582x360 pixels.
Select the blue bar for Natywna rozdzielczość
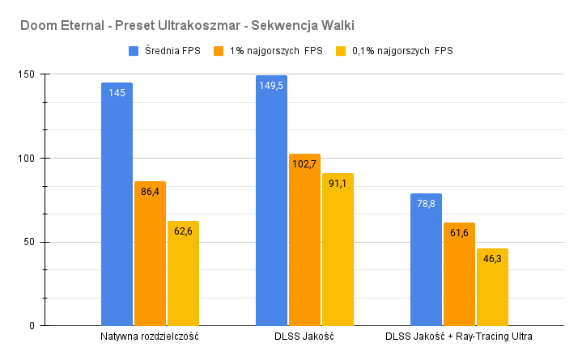click(x=117, y=210)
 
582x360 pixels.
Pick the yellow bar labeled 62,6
click(x=183, y=275)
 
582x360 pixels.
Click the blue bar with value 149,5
click(x=271, y=202)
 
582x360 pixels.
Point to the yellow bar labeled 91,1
click(x=338, y=251)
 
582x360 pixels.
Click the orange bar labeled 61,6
click(x=459, y=275)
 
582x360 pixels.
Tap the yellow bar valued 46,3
click(x=492, y=288)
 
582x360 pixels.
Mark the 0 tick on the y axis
click(x=36, y=326)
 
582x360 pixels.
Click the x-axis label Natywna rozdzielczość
click(x=150, y=337)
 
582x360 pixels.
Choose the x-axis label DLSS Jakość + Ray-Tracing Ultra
click(x=459, y=337)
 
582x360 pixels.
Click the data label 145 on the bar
click(x=117, y=93)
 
